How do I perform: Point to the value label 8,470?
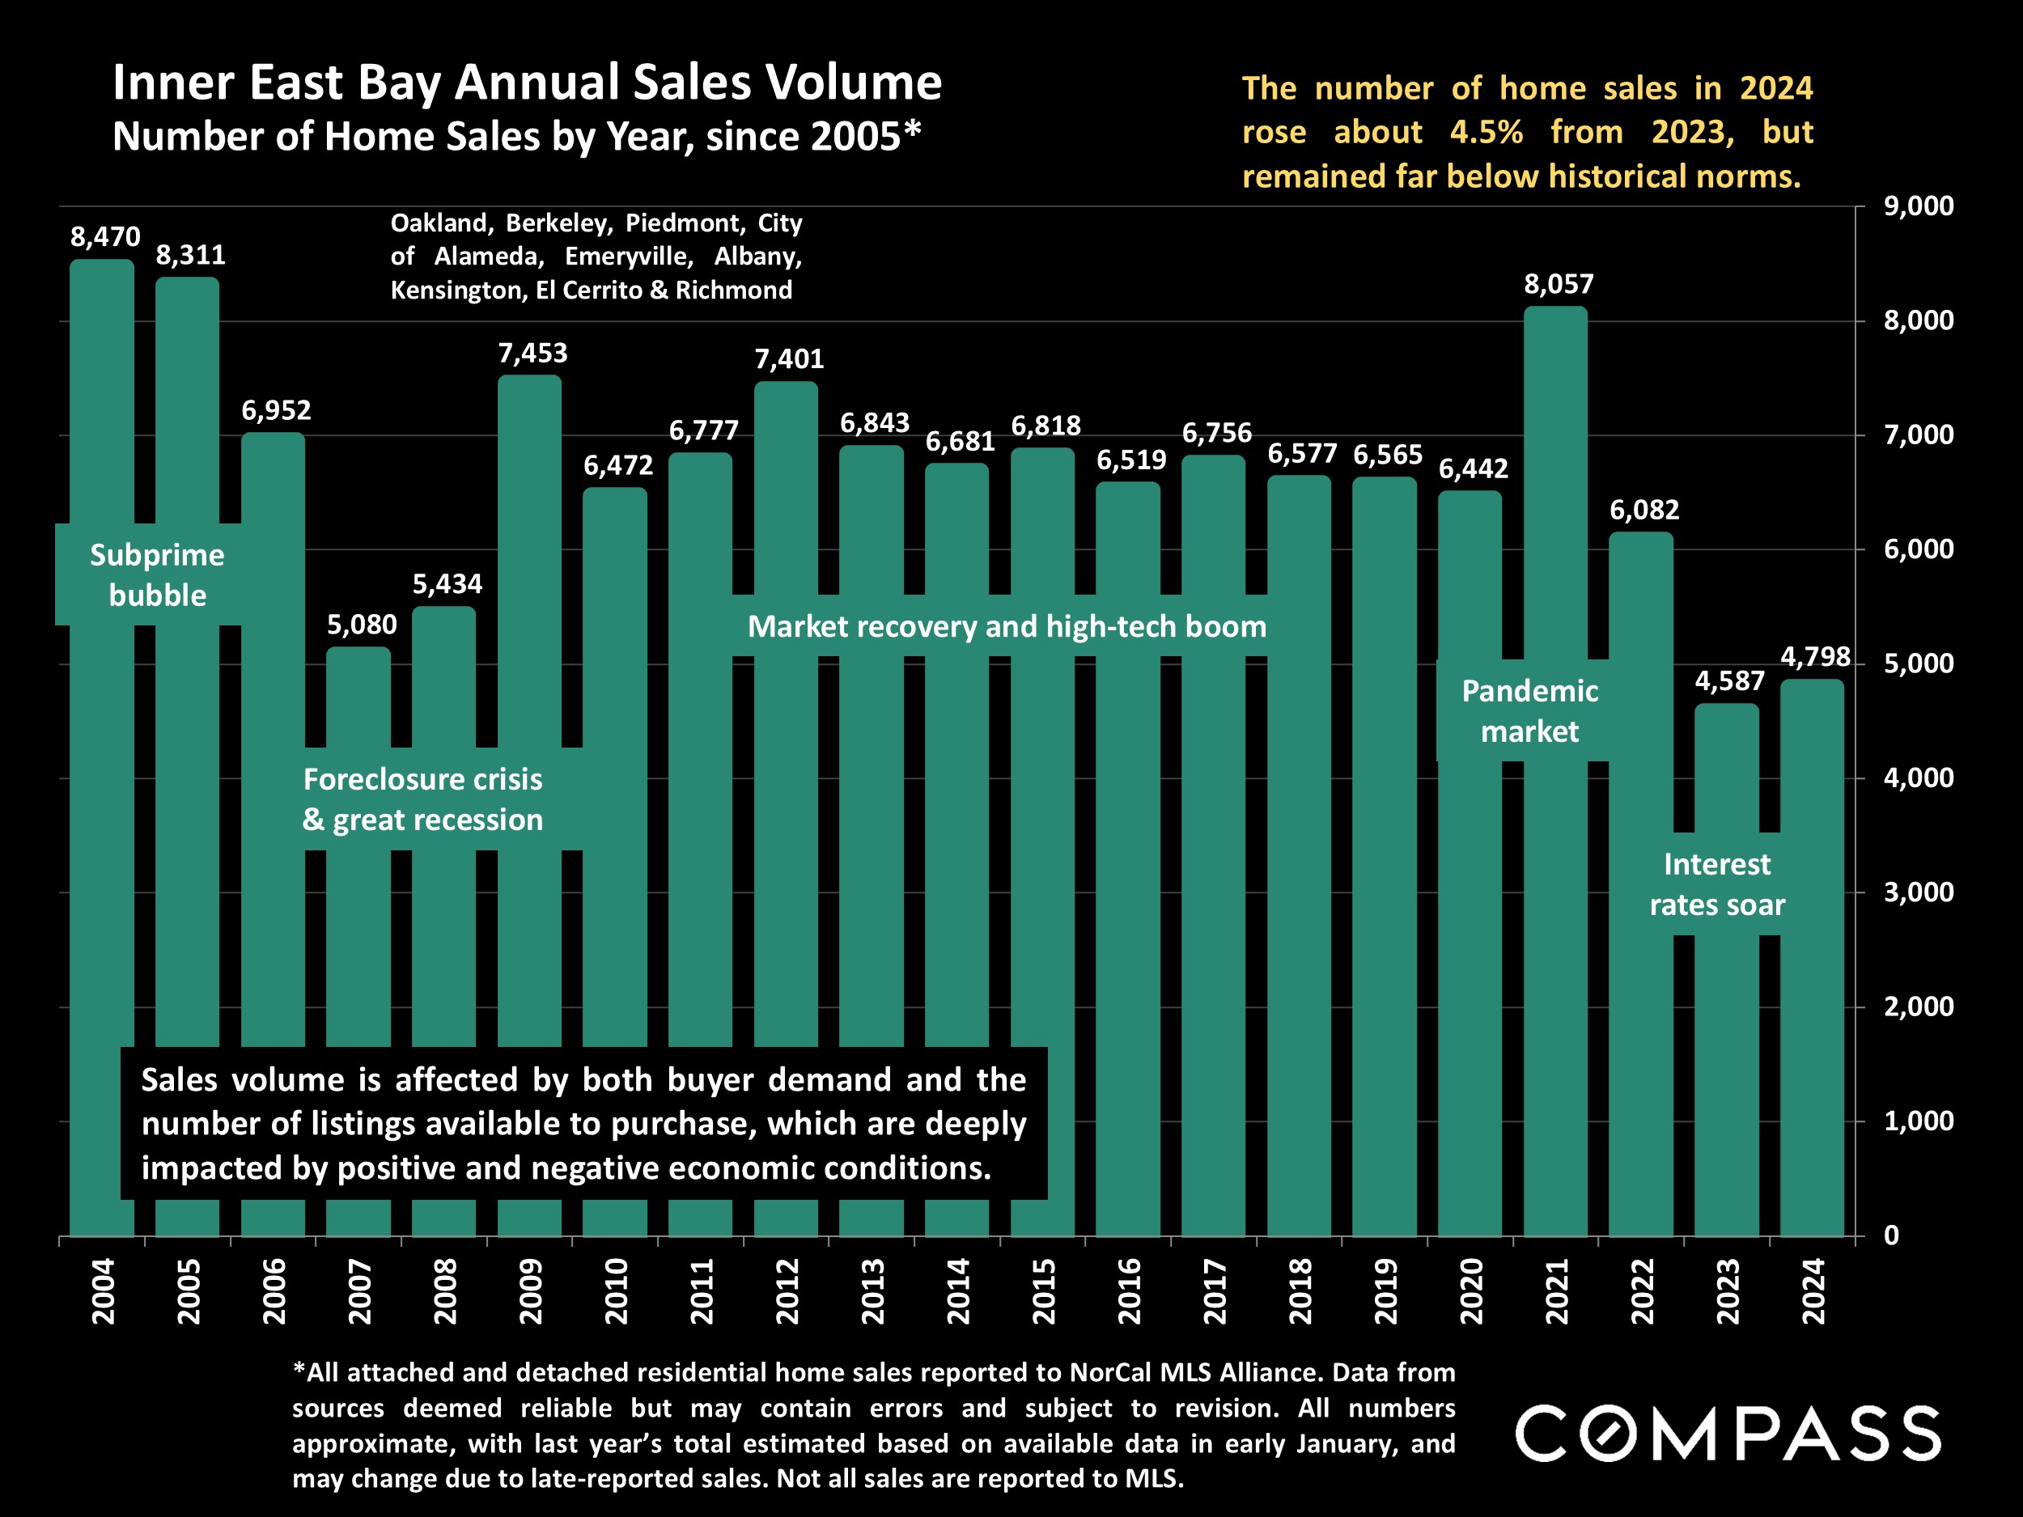click(105, 237)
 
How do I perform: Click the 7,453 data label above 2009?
click(532, 353)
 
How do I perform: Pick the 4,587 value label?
click(1729, 681)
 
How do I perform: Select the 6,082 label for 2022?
click(1644, 510)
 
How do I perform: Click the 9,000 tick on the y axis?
click(1918, 206)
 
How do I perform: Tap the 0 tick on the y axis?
click(1891, 1235)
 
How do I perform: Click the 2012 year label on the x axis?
click(787, 1291)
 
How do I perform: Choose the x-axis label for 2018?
click(1300, 1291)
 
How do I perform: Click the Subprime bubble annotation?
click(157, 574)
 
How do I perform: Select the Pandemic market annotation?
click(1529, 710)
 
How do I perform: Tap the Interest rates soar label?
click(1716, 884)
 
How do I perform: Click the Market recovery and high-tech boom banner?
click(1007, 626)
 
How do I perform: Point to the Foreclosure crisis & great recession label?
click(422, 799)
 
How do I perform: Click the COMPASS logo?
click(1728, 1433)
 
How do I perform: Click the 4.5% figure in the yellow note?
click(1487, 132)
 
